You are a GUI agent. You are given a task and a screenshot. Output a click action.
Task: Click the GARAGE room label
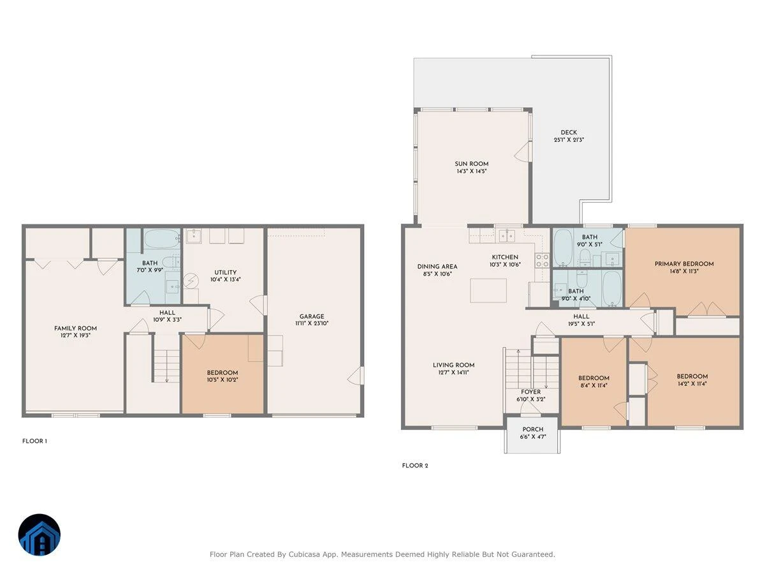312,316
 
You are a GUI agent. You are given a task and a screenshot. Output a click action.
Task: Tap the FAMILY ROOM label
75,328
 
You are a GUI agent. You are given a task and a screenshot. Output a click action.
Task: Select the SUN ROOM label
471,164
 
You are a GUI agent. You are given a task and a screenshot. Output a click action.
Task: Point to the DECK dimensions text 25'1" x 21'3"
569,140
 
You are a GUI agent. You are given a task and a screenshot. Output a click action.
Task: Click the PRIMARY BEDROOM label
684,264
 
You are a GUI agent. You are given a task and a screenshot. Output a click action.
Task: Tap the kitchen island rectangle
488,290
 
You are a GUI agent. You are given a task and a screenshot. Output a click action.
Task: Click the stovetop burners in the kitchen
542,261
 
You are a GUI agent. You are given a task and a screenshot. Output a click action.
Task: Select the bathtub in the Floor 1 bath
162,239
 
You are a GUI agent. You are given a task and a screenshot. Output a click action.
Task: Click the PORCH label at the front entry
532,429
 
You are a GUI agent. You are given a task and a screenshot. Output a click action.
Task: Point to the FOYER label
530,392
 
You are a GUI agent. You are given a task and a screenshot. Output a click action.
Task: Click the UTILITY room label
225,272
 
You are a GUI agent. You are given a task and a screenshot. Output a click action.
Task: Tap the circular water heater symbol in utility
191,281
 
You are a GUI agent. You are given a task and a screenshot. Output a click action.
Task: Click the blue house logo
40,534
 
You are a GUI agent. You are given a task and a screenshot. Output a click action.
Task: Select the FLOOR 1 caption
34,441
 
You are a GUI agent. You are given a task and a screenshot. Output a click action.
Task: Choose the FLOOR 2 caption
415,466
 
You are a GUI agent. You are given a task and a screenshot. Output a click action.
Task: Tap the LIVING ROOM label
453,365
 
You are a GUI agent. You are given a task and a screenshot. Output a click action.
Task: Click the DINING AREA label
437,267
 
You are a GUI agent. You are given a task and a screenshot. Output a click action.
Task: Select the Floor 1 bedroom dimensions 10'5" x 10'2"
222,380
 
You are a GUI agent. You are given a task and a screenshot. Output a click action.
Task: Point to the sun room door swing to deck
522,152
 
